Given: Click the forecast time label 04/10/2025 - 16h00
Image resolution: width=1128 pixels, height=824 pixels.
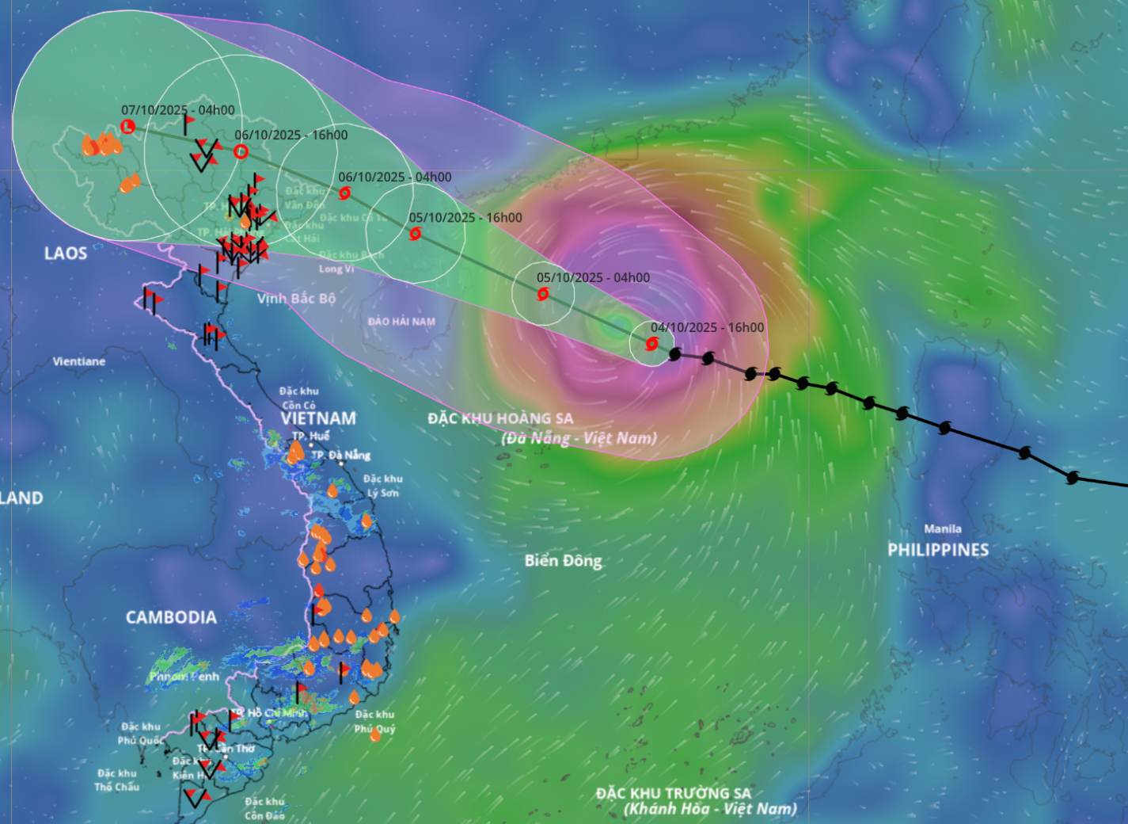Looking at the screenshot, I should [707, 327].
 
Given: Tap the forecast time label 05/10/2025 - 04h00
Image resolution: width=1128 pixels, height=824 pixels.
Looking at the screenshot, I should [593, 277].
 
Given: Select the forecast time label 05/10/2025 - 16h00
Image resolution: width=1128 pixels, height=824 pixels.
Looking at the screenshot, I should [465, 217].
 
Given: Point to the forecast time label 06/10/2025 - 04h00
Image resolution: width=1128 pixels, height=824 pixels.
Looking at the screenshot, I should [394, 177].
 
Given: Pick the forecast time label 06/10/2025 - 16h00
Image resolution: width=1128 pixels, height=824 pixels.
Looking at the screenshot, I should [291, 135].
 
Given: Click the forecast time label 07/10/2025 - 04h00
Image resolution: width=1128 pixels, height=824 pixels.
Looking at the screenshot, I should [178, 110].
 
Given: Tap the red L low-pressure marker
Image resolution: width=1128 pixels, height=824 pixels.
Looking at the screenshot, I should [128, 126].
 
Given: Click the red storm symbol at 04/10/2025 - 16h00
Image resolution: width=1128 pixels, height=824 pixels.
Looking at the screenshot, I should [651, 344].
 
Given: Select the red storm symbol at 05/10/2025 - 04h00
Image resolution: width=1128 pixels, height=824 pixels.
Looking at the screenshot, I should [543, 295].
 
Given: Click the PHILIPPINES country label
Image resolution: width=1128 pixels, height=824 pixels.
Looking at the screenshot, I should [937, 549].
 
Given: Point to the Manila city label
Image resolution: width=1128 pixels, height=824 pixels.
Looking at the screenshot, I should [942, 528].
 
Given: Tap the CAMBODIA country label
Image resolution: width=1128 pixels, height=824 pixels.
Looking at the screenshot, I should [171, 617].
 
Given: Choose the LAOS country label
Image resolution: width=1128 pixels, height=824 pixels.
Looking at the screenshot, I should [66, 254].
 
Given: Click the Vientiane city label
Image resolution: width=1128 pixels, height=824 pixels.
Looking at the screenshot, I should [78, 361].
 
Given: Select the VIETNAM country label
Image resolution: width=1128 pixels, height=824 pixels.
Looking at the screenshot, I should [317, 418].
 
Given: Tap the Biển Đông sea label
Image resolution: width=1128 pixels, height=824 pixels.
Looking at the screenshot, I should [563, 561].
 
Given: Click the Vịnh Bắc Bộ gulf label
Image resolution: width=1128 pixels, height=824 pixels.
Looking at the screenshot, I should [296, 299].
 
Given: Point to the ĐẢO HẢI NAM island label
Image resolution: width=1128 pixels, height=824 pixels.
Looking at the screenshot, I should [401, 322].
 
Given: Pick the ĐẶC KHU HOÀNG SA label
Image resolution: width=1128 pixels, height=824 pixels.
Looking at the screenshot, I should [500, 418].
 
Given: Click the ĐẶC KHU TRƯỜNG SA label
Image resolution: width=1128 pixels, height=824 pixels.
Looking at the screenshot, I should [674, 793].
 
